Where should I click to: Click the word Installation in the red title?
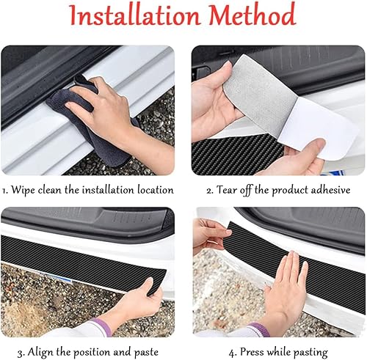[x=135, y=15]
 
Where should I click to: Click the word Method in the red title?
[x=252, y=14]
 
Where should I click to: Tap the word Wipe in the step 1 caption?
[x=23, y=191]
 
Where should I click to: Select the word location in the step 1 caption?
[x=155, y=190]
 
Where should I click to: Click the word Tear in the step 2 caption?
[x=227, y=190]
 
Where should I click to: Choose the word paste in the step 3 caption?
[x=146, y=353]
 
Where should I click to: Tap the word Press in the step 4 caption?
[x=252, y=352]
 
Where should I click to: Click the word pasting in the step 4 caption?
[x=310, y=353]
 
